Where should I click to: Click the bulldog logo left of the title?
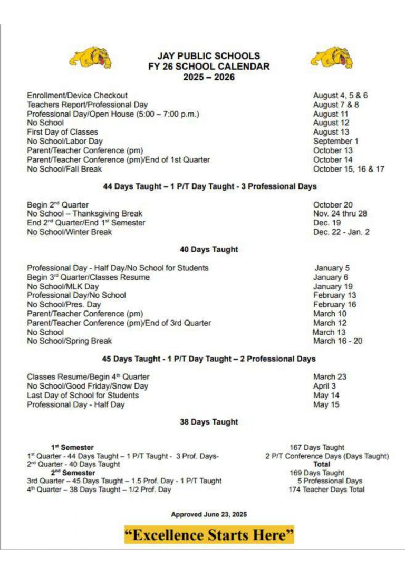[x=90, y=58]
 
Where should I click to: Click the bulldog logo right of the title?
[x=332, y=58]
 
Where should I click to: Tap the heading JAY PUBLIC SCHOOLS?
[x=208, y=55]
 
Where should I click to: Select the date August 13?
[x=331, y=132]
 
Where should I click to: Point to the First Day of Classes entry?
[x=62, y=132]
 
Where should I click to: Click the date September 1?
[x=335, y=141]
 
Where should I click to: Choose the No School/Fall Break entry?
[x=64, y=169]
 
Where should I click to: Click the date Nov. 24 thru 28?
[x=340, y=214]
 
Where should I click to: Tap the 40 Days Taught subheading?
[x=209, y=249]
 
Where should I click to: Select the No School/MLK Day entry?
[x=63, y=286]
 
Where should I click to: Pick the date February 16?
[x=334, y=304]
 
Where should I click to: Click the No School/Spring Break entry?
[x=69, y=341]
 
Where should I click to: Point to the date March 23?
[x=330, y=377]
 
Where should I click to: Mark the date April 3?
[x=324, y=386]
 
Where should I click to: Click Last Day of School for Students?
[x=83, y=396]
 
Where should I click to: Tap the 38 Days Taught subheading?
[x=209, y=422]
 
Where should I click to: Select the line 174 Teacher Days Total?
[x=326, y=490]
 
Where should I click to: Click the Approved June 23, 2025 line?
[x=209, y=514]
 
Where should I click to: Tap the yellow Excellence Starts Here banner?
[x=209, y=535]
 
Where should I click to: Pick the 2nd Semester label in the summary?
[x=73, y=473]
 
